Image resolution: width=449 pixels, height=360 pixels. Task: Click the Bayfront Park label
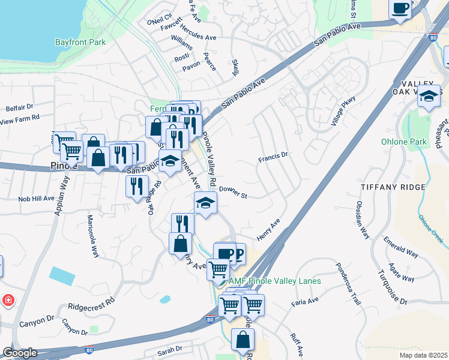point(80,42)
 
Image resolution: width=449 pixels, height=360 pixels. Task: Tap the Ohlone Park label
point(403,142)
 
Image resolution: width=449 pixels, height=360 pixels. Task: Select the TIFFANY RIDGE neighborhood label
point(393,187)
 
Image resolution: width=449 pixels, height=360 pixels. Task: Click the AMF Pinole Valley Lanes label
point(274,281)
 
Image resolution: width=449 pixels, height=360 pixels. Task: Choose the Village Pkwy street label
point(343,111)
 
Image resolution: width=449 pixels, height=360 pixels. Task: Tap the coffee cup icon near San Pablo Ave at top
point(400,8)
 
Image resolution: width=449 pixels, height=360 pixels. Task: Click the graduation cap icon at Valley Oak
point(429,96)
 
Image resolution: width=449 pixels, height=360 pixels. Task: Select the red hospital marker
point(8,299)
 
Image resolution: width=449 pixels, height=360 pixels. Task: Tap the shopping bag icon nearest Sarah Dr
point(243,339)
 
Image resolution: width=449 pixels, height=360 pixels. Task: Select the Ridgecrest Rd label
point(91,305)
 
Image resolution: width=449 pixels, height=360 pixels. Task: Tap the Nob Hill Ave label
point(36,198)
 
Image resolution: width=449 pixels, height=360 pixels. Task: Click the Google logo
point(20,353)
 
